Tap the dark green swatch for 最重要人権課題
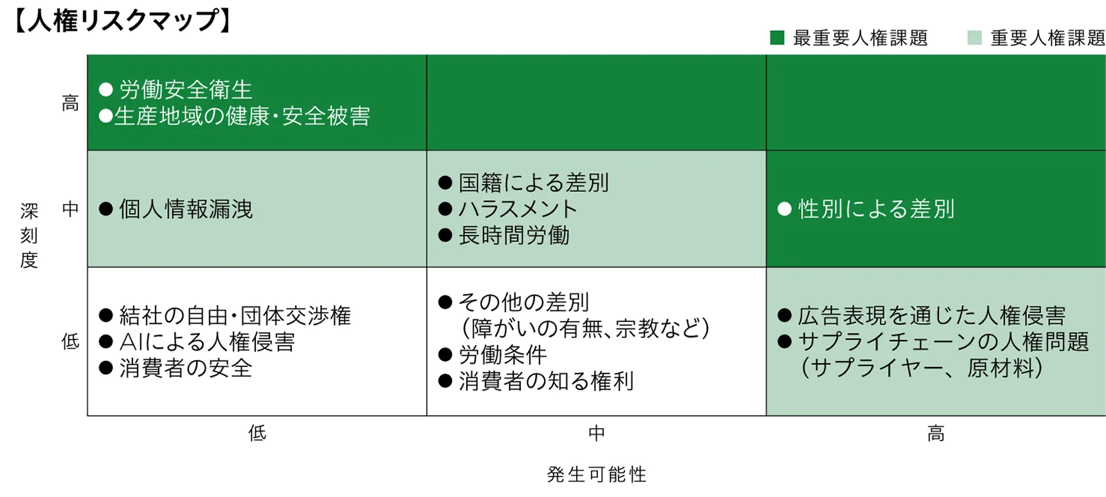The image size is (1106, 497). click(777, 38)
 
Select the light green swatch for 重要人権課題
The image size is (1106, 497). click(974, 38)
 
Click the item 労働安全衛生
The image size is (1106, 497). click(186, 89)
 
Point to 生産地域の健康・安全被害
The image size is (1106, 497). click(242, 116)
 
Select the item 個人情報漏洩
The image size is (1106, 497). click(186, 209)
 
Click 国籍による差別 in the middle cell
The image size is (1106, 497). click(534, 183)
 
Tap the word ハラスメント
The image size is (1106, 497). click(518, 209)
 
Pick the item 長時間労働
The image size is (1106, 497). click(514, 236)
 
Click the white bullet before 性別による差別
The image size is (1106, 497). click(784, 209)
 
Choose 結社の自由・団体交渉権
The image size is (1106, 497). click(235, 315)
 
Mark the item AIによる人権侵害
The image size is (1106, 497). click(207, 342)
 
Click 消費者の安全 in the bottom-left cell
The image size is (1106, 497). click(186, 368)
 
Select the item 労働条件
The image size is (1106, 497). click(503, 355)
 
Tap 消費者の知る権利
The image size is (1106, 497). click(546, 381)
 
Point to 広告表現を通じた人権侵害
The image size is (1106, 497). click(932, 315)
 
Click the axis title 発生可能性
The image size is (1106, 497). click(597, 474)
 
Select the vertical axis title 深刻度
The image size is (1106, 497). click(29, 236)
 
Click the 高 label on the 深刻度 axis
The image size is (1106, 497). click(70, 103)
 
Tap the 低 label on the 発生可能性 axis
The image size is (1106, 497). click(257, 433)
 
